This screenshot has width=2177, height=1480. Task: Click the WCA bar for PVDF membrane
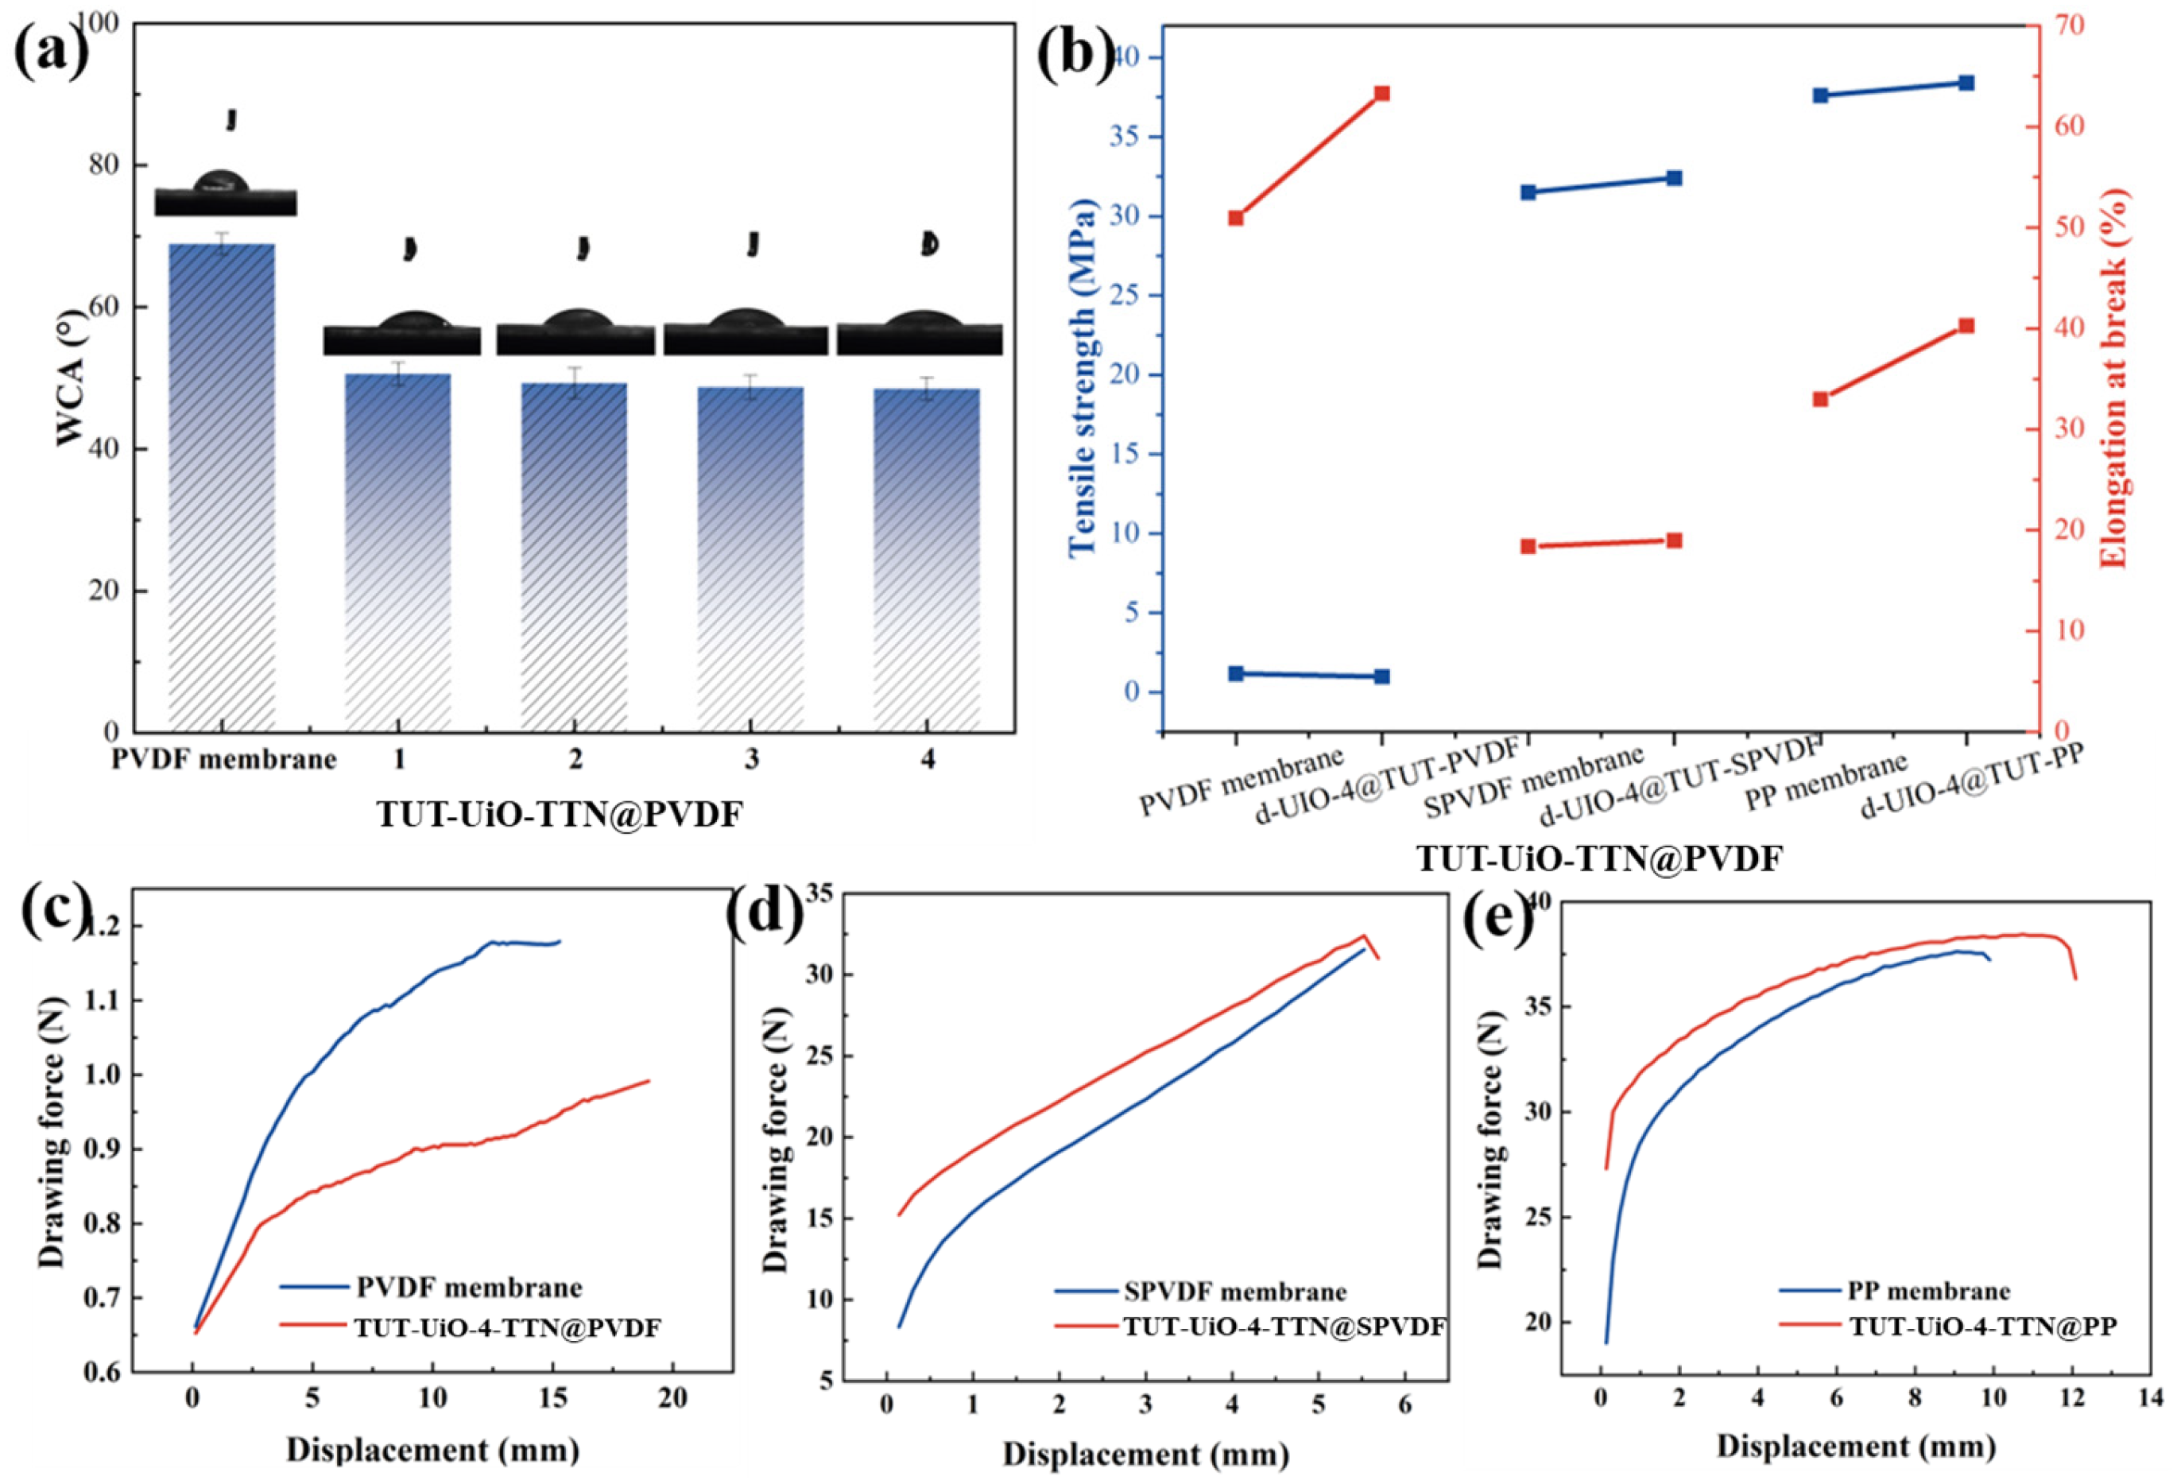point(221,487)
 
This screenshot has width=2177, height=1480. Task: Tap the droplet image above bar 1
point(402,335)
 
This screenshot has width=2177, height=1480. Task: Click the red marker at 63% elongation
point(1381,94)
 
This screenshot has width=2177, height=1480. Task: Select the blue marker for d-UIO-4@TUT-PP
point(1966,83)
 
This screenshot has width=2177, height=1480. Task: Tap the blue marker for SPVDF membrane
point(1528,192)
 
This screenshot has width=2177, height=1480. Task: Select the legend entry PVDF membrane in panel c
point(468,1287)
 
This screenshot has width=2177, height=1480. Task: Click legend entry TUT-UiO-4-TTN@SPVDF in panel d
point(1284,1327)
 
